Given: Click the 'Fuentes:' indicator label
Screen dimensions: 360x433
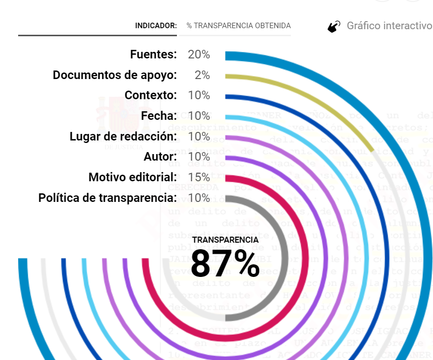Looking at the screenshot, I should [x=153, y=54].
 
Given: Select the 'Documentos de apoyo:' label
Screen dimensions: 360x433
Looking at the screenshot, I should [x=115, y=75].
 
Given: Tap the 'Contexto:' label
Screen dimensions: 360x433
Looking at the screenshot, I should [x=151, y=95].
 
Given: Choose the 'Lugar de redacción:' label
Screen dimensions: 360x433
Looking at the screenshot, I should [x=123, y=136].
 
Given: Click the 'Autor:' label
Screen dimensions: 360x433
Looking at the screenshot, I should [x=160, y=157].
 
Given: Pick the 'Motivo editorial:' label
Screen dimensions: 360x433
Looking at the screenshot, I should [x=133, y=177].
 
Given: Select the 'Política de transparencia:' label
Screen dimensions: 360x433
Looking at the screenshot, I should [x=107, y=198].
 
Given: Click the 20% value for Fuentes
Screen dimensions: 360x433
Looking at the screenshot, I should [x=199, y=54].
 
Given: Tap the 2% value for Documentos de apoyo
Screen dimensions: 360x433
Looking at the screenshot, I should [x=202, y=75].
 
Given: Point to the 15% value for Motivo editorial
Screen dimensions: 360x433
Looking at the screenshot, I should [x=199, y=177].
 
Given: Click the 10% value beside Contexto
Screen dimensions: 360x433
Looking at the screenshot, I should [x=199, y=95].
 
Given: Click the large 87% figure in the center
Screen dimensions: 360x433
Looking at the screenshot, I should [x=225, y=263].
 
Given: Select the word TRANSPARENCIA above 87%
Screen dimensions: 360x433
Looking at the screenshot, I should [x=225, y=240].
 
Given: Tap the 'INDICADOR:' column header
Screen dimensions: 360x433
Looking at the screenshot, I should [x=156, y=26].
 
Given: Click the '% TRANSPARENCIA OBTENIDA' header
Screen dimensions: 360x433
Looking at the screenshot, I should [x=238, y=26].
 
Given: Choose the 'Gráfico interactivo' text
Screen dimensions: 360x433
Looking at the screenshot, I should [x=389, y=26].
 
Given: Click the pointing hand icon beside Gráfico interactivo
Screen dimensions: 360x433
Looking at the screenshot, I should [x=334, y=27].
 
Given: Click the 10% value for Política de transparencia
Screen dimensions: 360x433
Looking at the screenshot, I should [x=199, y=198].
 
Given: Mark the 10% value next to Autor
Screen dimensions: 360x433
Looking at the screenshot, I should [x=199, y=157].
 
